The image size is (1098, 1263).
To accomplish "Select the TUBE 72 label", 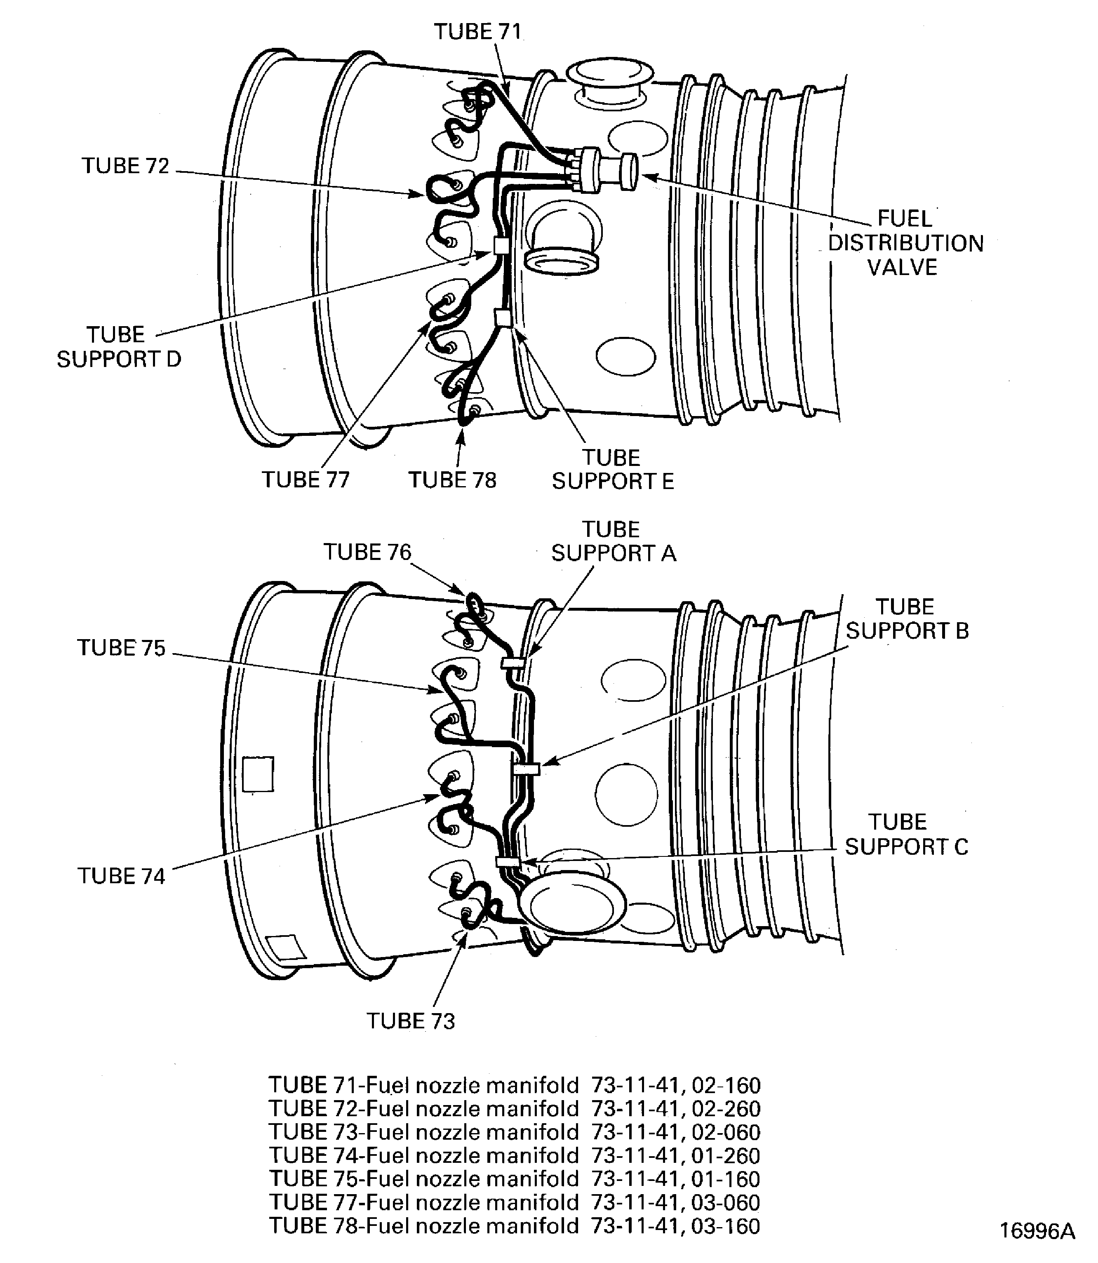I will [x=126, y=166].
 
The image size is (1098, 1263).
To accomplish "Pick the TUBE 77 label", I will [x=305, y=480].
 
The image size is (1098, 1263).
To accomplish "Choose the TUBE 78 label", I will [x=452, y=480].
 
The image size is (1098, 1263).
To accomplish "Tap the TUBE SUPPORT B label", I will [x=907, y=619].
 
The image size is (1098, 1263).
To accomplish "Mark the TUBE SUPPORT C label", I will [x=905, y=834].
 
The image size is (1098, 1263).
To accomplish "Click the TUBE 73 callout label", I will [x=411, y=1021].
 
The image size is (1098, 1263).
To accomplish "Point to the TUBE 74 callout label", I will [x=121, y=876].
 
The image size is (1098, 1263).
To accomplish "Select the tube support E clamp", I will [x=503, y=318].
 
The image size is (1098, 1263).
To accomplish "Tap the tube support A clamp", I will [x=512, y=662].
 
